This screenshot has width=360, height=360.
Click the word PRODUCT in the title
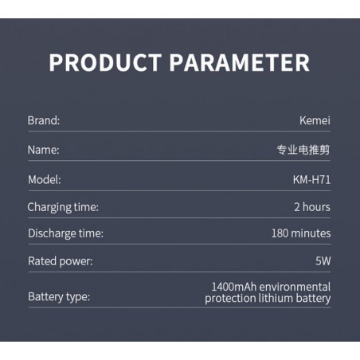[105, 63]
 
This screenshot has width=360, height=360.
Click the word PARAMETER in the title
[240, 63]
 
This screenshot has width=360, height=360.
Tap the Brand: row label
[44, 120]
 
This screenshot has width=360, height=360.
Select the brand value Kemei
[315, 120]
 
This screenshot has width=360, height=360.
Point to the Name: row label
[44, 150]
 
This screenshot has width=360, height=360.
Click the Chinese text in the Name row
[303, 150]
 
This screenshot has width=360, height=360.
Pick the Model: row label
[45, 180]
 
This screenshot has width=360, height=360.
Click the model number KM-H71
[312, 180]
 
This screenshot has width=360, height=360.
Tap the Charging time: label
[63, 207]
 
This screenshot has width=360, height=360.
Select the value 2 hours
[312, 207]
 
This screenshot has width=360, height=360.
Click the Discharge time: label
[65, 233]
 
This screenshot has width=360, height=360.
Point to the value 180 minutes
[301, 233]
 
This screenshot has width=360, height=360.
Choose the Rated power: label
[61, 261]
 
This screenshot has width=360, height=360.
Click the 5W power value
[323, 261]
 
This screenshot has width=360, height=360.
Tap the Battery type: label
[59, 297]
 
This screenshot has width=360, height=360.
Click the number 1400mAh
[234, 287]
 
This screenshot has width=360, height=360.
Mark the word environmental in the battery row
[295, 287]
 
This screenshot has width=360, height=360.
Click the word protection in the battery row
[230, 299]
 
